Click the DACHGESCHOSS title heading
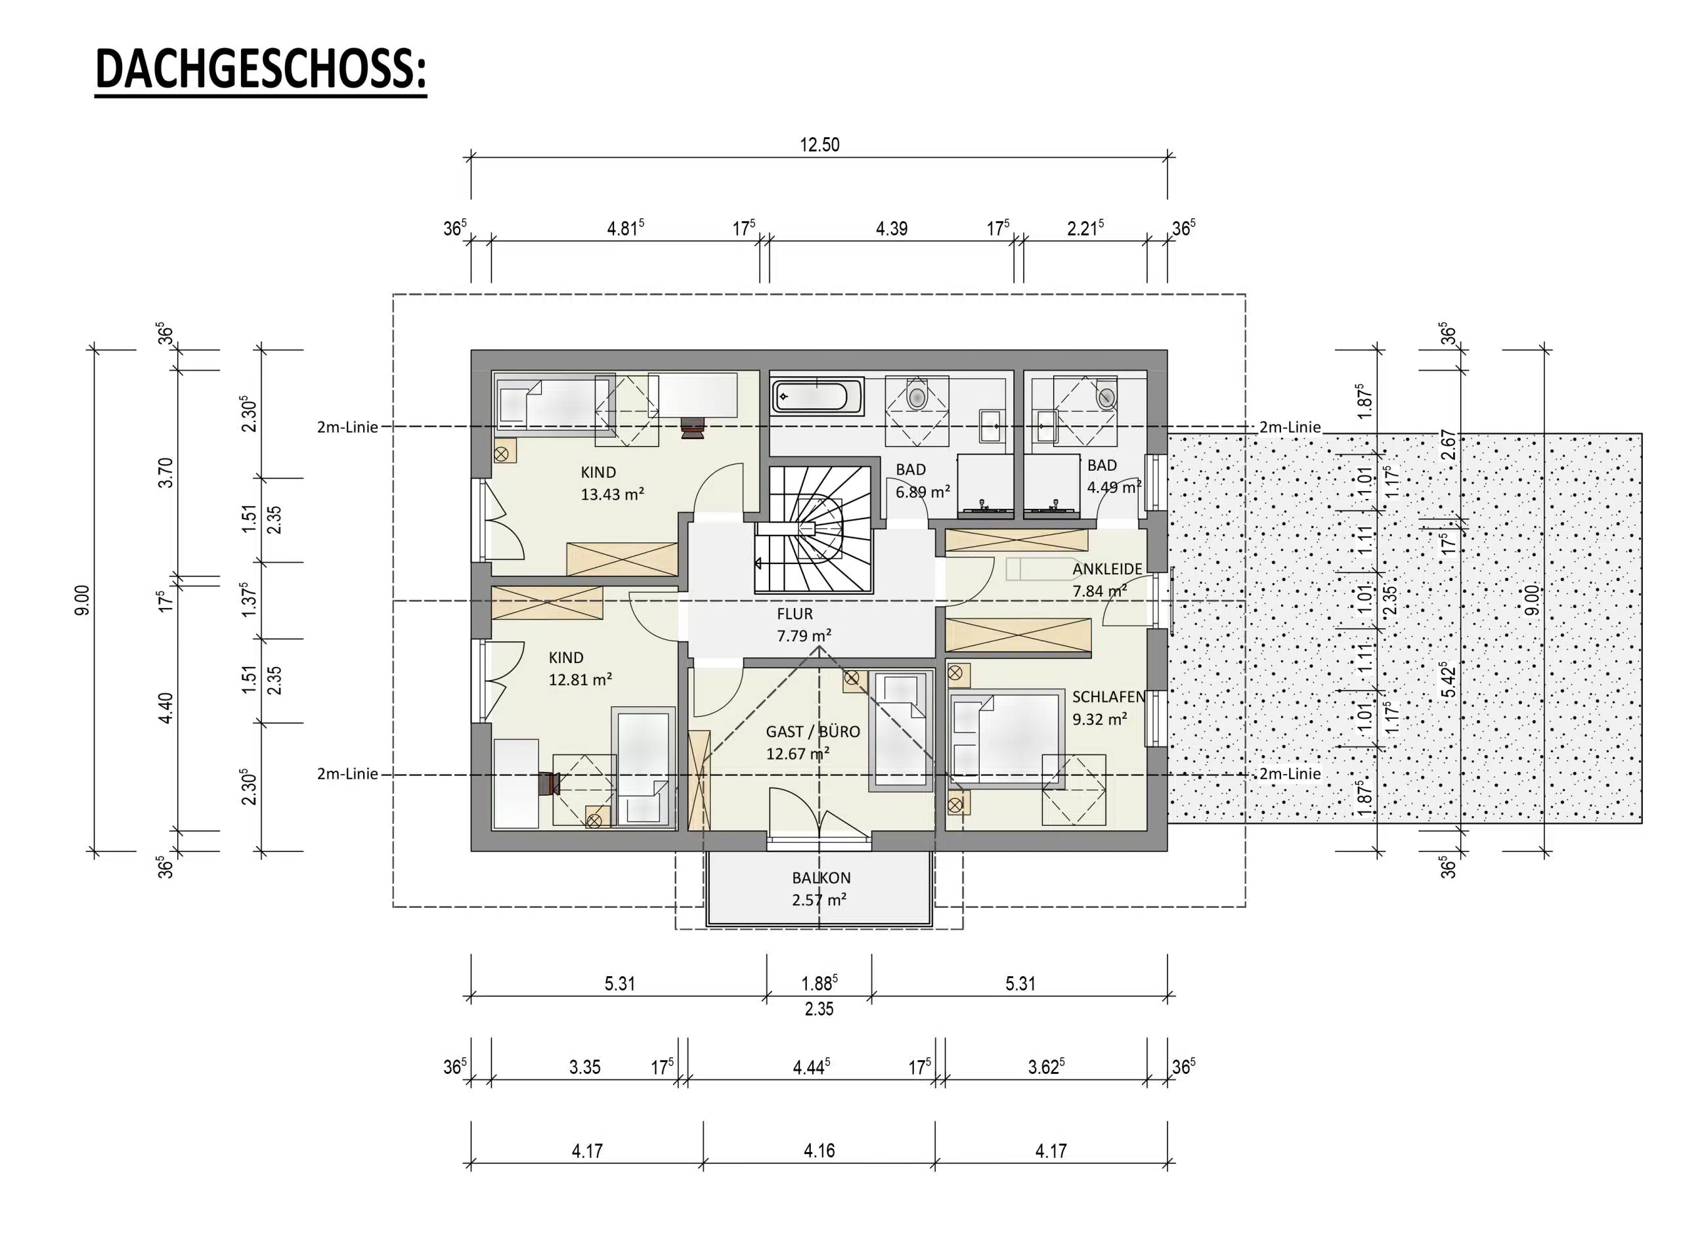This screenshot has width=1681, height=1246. [260, 70]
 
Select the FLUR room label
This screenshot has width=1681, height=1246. [795, 614]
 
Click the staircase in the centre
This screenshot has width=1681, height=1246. [814, 530]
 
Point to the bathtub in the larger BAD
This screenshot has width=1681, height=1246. [816, 396]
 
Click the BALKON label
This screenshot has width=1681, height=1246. [820, 877]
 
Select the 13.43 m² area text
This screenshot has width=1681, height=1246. [611, 495]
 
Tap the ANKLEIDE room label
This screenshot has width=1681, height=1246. [1107, 569]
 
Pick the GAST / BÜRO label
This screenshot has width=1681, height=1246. [812, 731]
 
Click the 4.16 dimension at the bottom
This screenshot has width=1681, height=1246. [819, 1150]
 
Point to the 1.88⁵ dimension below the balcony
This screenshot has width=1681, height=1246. [819, 983]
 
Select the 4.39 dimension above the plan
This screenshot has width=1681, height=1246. [891, 228]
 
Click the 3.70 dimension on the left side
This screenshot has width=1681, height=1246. [166, 473]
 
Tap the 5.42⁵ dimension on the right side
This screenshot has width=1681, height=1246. [1447, 679]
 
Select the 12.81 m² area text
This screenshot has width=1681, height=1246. [579, 679]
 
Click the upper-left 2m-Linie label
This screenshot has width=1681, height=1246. [347, 427]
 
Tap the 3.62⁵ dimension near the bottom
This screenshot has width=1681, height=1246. [1046, 1067]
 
